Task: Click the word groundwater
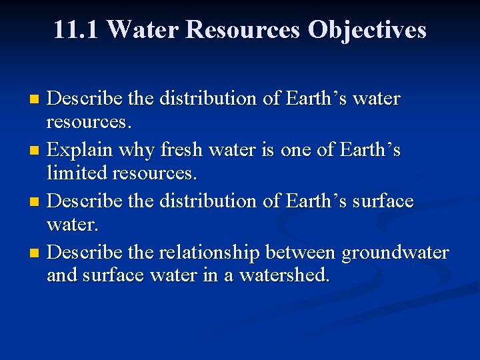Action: pos(395,253)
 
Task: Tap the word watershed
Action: pos(291,274)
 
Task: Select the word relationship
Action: pos(209,253)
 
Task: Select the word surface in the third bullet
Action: pos(379,201)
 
